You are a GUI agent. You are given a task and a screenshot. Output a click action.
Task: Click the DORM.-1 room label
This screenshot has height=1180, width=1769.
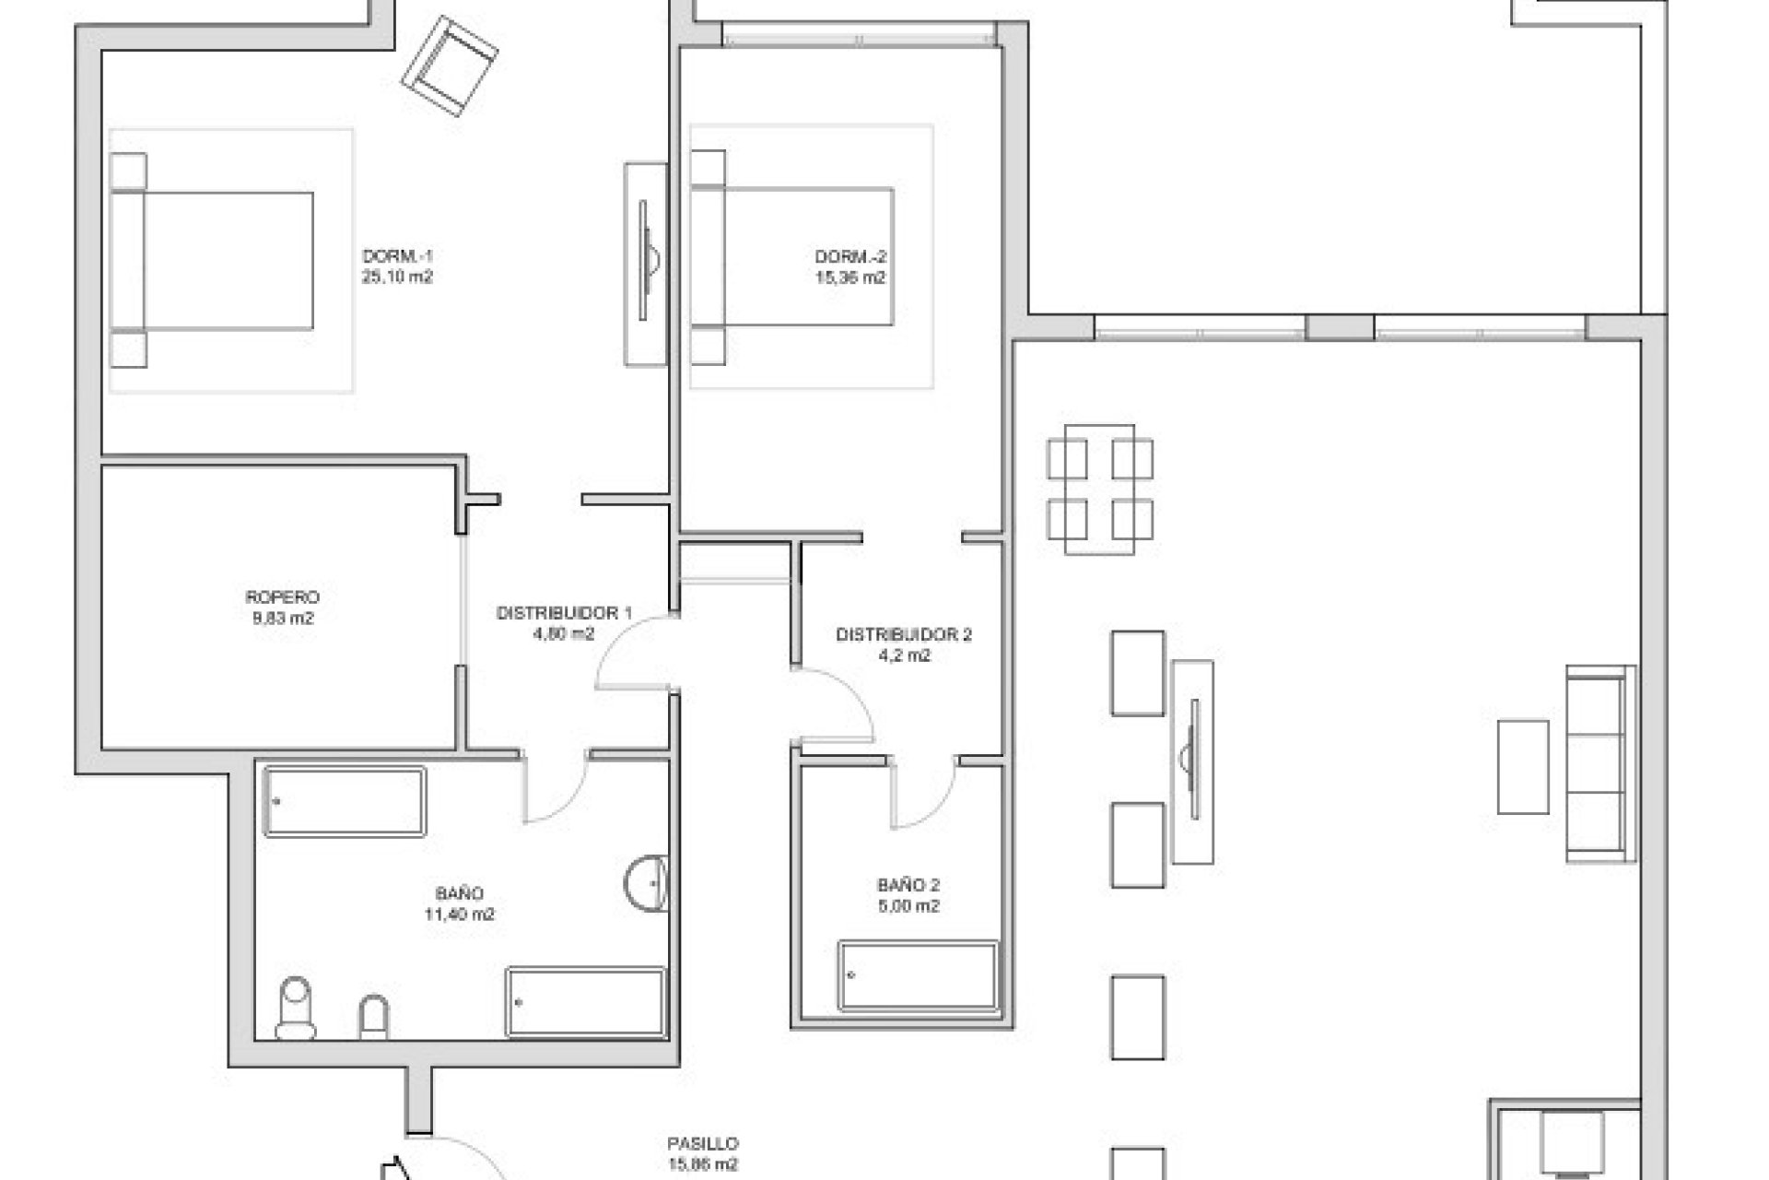click(x=397, y=256)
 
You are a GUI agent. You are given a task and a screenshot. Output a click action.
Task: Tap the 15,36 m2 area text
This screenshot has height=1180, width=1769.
click(x=849, y=277)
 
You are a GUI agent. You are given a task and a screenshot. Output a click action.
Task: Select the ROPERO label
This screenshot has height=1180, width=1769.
click(x=283, y=598)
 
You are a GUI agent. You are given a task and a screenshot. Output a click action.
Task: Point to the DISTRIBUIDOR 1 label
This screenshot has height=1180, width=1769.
click(x=564, y=613)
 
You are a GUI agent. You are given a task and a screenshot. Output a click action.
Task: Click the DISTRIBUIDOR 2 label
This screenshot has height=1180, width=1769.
click(x=903, y=635)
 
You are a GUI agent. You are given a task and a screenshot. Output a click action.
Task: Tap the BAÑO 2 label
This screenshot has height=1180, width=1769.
click(x=908, y=886)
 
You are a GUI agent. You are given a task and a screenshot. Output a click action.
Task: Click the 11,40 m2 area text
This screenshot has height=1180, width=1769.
click(x=459, y=914)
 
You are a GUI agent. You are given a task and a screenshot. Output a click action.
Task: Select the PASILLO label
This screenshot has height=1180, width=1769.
click(x=703, y=1144)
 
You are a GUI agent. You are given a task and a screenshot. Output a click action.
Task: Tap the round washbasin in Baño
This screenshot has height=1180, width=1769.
click(x=647, y=883)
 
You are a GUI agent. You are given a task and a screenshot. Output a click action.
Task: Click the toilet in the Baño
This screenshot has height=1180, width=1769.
click(x=296, y=1007)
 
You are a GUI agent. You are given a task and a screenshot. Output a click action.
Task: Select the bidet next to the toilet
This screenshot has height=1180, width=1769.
click(x=373, y=1017)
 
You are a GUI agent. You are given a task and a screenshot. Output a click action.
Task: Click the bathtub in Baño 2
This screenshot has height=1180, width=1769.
click(x=918, y=975)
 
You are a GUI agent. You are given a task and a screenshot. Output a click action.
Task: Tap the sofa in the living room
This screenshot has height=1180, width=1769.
click(x=1600, y=763)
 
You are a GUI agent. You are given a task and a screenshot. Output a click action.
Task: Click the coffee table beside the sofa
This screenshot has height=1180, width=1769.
click(x=1522, y=767)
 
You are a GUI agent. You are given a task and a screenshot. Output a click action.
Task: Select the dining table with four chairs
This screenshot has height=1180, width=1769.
click(x=1099, y=489)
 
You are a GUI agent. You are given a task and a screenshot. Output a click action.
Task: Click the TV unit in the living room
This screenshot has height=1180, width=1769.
click(x=1192, y=761)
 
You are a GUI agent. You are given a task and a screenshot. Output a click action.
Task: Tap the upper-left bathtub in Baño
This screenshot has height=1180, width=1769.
click(x=345, y=802)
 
